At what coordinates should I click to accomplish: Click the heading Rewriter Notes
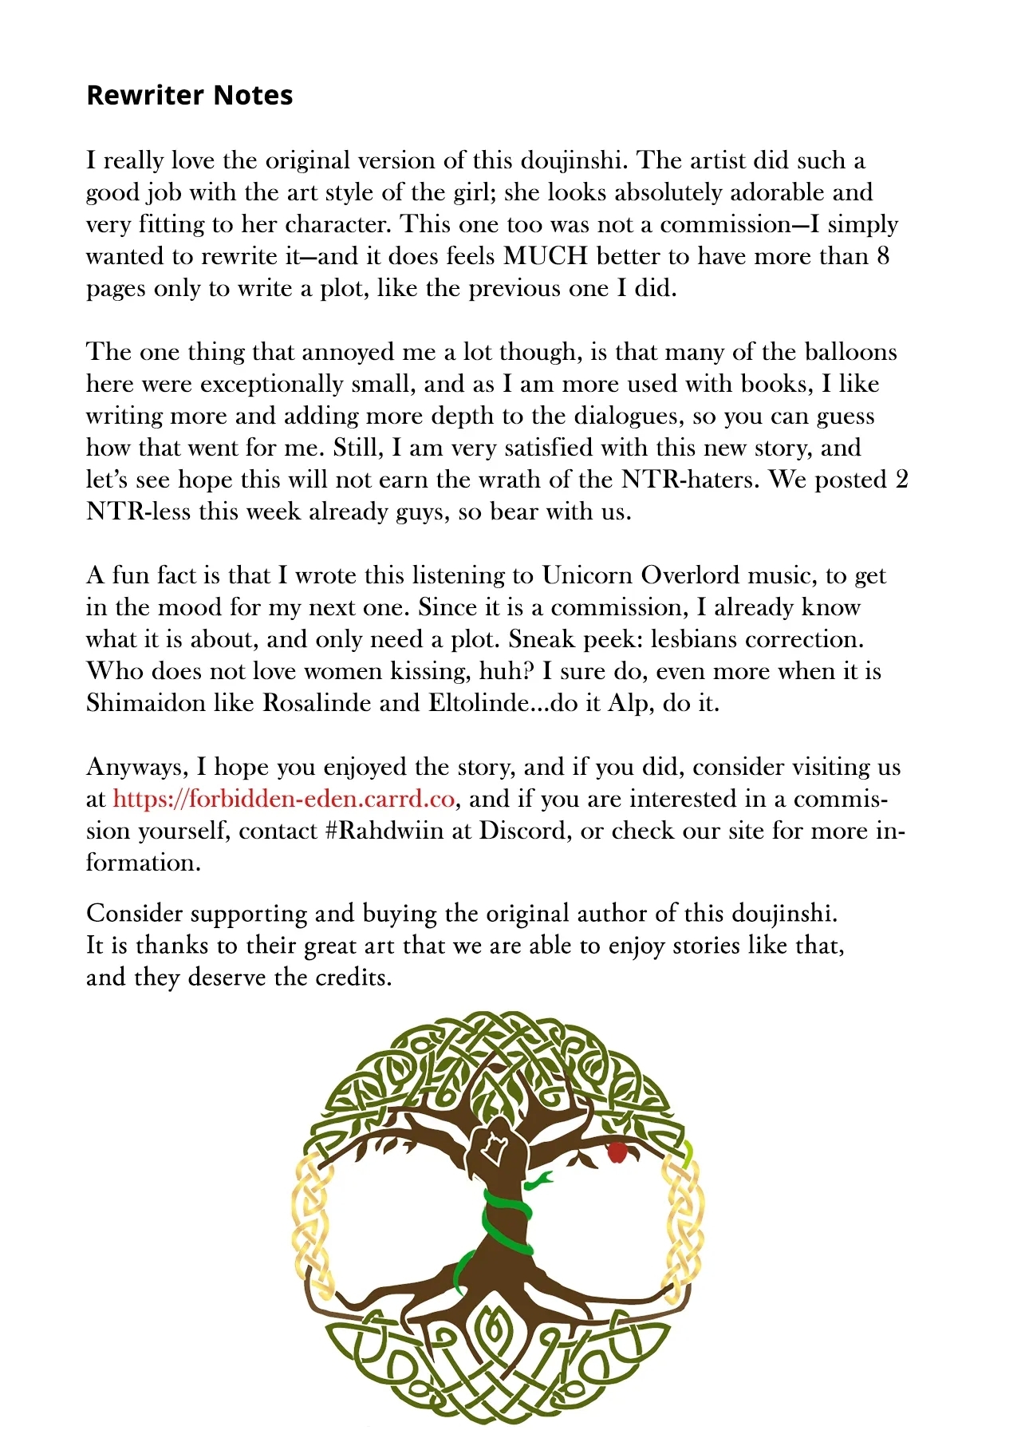tap(189, 95)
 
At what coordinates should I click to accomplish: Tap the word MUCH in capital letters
tap(546, 256)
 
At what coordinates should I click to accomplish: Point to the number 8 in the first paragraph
tap(882, 256)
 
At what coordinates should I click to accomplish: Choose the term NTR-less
tap(138, 512)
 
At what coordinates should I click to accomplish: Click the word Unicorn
tap(587, 575)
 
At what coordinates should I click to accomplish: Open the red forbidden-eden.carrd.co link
tap(283, 799)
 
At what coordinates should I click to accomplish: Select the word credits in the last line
tap(351, 978)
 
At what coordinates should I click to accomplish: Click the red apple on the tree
tap(617, 1152)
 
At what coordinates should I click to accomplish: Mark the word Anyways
tap(136, 767)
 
